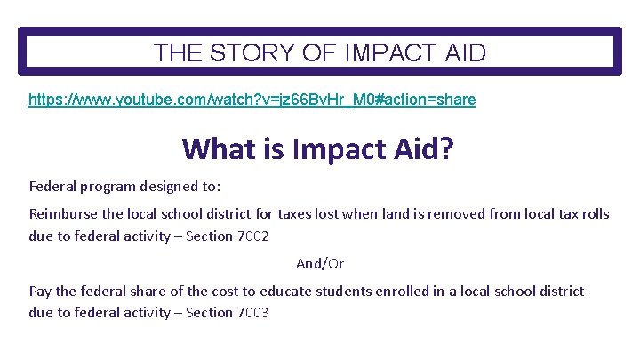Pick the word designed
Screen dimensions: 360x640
click(x=169, y=188)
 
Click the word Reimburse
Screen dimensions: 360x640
click(x=65, y=214)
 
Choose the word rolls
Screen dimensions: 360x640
click(x=593, y=214)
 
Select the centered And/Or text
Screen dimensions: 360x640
click(x=320, y=263)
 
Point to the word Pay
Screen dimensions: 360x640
click(x=41, y=291)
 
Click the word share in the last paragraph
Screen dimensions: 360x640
click(x=148, y=291)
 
